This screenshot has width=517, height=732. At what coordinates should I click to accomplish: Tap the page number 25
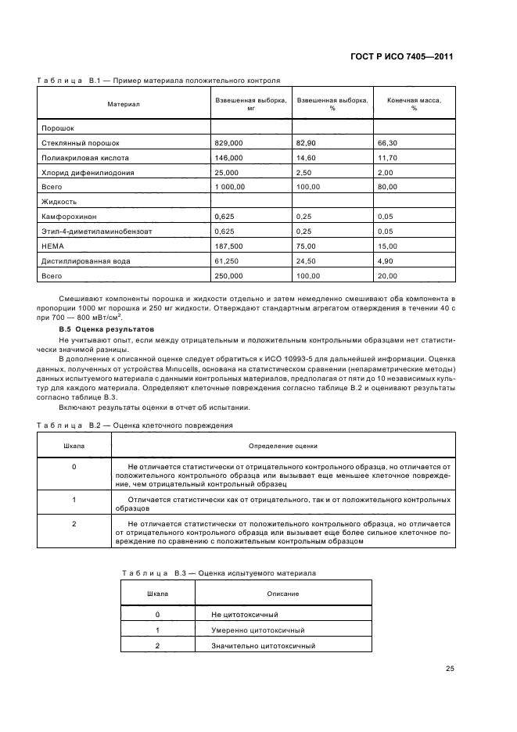[x=450, y=668]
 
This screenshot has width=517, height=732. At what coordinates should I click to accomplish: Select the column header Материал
[x=124, y=104]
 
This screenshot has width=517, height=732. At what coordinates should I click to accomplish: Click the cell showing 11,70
[x=389, y=157]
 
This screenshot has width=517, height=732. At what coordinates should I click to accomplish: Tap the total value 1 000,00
[x=231, y=187]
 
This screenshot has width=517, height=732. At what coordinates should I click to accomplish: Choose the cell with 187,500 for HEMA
[x=228, y=246]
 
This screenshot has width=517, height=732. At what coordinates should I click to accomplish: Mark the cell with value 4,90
[x=386, y=260]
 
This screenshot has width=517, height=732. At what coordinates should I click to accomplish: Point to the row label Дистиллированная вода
[x=85, y=260]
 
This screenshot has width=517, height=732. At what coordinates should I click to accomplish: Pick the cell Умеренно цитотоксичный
[x=257, y=630]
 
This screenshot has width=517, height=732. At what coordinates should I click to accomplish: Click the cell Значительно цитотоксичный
[x=263, y=646]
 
